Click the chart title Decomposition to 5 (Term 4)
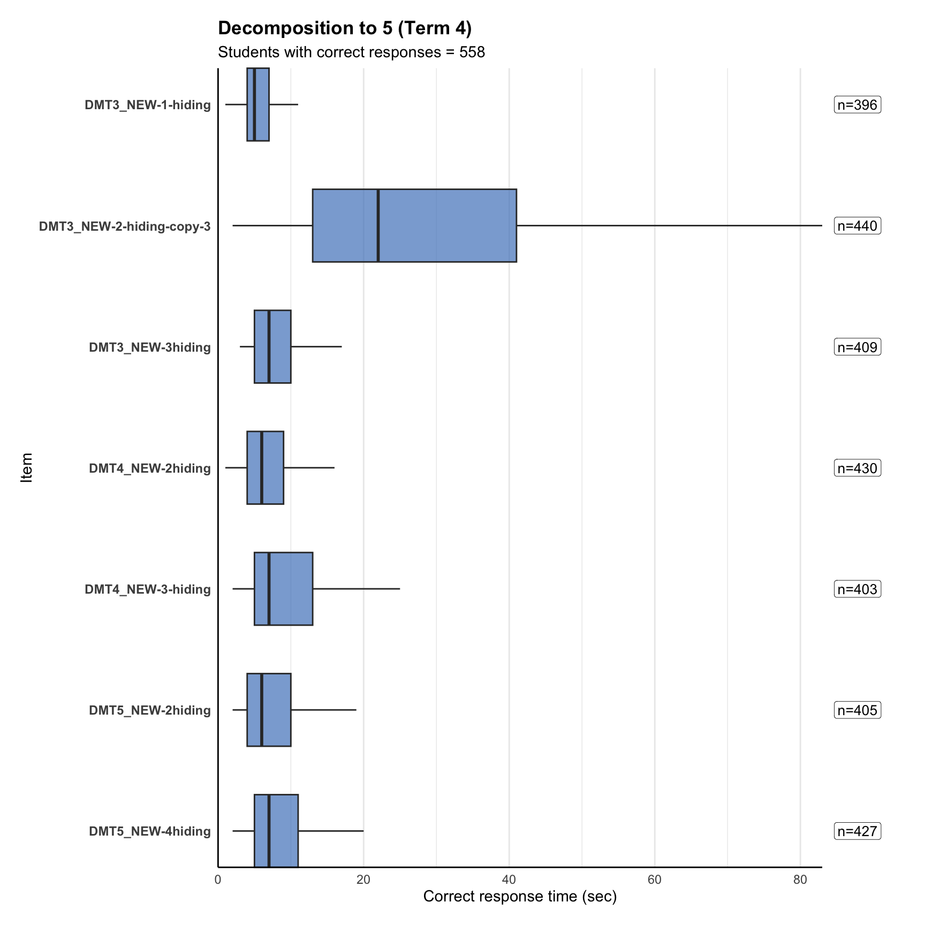click(345, 28)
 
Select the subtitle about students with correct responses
click(351, 52)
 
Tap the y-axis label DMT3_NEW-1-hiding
click(148, 105)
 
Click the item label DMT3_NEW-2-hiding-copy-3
click(125, 226)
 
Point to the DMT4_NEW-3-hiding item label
click(148, 589)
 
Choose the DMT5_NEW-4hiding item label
click(150, 831)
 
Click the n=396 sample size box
click(857, 105)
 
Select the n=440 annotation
click(857, 226)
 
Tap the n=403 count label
click(857, 589)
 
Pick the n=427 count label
click(857, 831)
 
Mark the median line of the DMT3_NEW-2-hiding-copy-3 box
click(378, 226)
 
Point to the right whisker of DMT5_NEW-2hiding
click(323, 710)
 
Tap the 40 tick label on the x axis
click(509, 880)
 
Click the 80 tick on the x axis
click(800, 880)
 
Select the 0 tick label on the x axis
click(218, 880)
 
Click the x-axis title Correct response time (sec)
click(520, 897)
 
